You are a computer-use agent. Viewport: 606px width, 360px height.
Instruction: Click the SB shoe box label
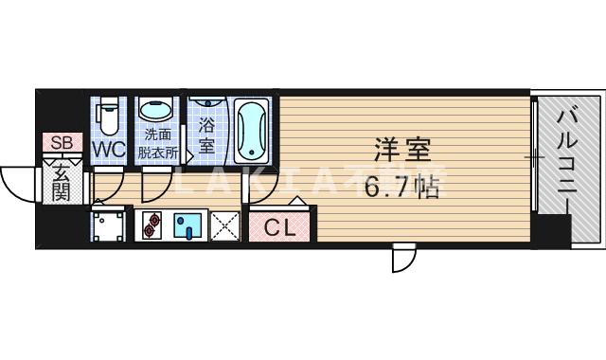(61, 143)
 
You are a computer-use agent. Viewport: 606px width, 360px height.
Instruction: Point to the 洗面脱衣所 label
(158, 141)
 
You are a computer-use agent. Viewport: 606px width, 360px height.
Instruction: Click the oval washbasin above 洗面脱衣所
(157, 110)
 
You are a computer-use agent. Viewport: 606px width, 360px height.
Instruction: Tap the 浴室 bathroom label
(206, 135)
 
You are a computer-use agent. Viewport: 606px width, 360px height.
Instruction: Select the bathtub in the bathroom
(253, 130)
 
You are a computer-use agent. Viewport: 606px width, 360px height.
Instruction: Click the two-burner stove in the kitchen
(154, 225)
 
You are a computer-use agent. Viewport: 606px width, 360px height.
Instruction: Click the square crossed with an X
(226, 225)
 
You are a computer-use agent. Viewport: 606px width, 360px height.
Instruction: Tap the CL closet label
(279, 227)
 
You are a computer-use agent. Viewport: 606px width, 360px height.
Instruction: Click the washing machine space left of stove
(110, 225)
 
